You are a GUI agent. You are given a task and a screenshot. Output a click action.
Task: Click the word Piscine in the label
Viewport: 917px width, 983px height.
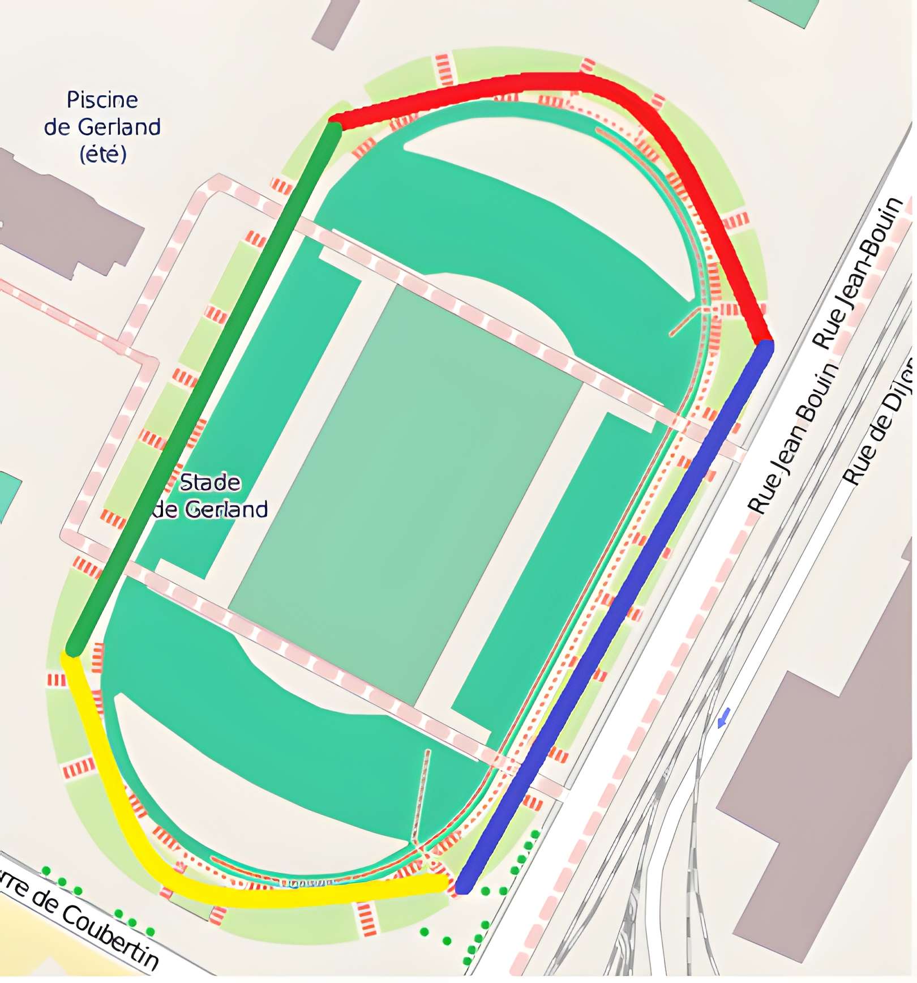[102, 100]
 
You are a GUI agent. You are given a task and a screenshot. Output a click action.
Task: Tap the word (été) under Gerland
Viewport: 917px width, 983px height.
[103, 154]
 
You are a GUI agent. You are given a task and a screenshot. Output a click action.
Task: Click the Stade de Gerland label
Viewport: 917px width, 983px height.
[210, 496]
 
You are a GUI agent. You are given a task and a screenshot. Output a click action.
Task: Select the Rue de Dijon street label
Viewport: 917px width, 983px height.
[880, 422]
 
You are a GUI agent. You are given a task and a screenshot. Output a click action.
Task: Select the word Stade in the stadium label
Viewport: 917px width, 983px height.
[210, 483]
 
